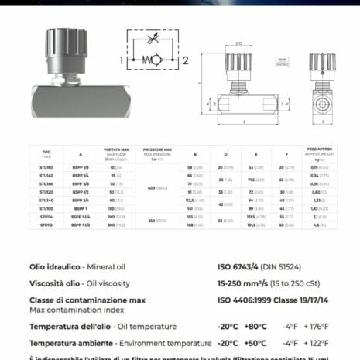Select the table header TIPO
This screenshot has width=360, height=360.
[46, 153]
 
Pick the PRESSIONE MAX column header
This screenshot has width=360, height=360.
[158, 152]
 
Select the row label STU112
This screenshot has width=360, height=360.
[46, 225]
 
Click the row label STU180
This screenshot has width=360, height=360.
[46, 167]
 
